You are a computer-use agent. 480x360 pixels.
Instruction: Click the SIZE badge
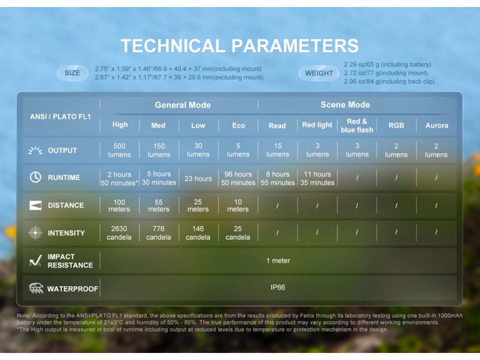coord(72,73)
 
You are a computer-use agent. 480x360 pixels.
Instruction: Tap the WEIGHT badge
coord(319,74)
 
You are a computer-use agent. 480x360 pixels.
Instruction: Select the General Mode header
coord(183,105)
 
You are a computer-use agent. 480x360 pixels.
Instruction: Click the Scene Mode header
coord(345,105)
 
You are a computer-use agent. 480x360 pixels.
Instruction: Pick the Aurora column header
coord(436,126)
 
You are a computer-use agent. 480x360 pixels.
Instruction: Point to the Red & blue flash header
coord(357,126)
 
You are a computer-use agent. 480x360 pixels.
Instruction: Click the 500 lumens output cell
coord(120,150)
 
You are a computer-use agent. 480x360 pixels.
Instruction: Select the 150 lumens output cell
coord(159,150)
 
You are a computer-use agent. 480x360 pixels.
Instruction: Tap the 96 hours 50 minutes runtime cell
coord(238,179)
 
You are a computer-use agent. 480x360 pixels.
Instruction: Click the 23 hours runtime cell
coord(198,179)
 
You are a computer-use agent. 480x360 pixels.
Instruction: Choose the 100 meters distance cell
coord(119,206)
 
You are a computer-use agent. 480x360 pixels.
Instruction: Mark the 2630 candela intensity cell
coord(119,233)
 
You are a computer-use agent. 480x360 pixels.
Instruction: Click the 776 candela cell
coord(158,233)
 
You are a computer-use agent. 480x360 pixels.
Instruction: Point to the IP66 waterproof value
coord(277,287)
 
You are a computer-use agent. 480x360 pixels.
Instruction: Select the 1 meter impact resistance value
coord(278,261)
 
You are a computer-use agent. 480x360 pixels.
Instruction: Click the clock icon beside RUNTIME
coord(36,177)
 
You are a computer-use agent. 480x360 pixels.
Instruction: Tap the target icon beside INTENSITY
coord(36,233)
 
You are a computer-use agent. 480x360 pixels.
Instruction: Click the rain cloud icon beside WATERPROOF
coord(36,288)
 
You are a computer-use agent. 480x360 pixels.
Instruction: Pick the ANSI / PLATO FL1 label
coord(60,117)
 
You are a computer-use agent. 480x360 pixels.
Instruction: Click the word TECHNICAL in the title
coord(173,46)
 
